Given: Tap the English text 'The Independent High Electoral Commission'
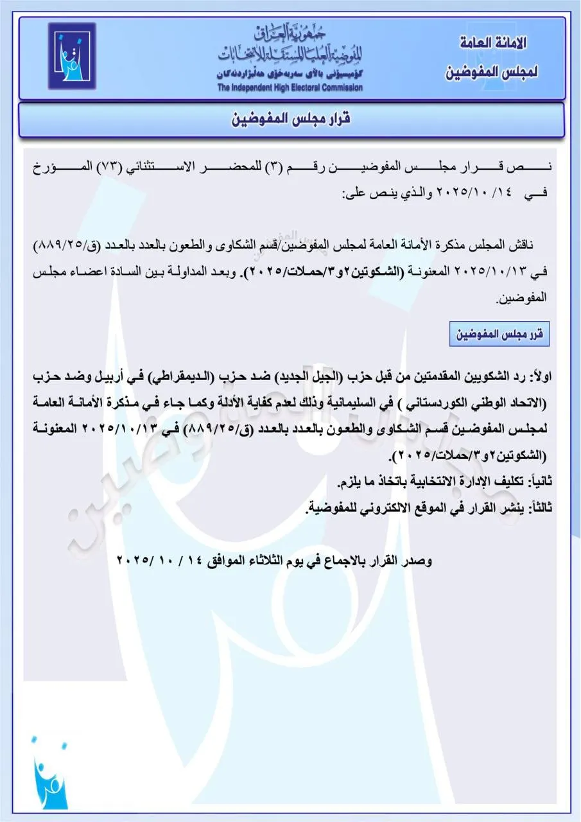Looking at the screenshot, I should (x=290, y=88).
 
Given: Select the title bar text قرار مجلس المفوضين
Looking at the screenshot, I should (x=290, y=119).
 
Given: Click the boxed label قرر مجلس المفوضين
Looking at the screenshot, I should (x=499, y=335).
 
